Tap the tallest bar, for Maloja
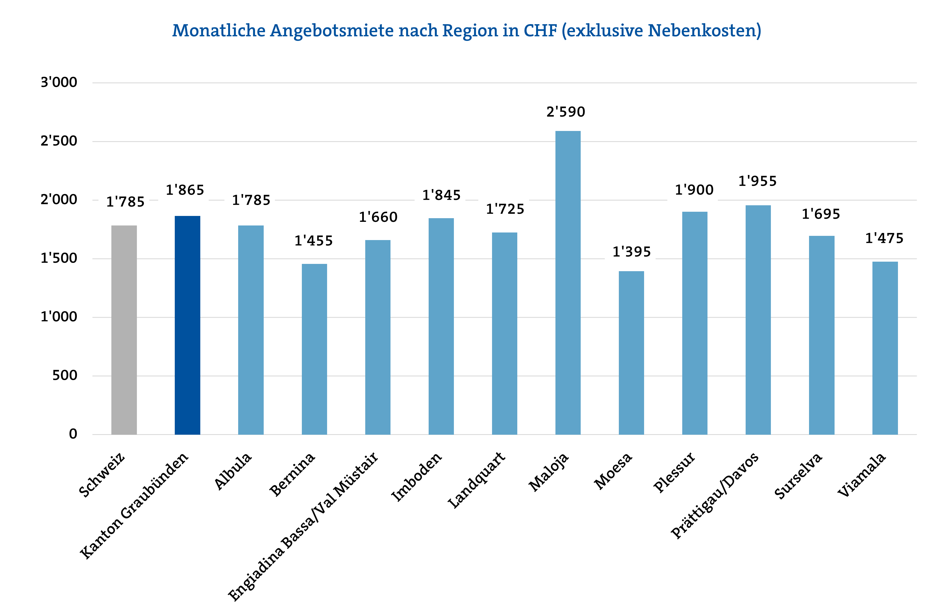[x=568, y=283]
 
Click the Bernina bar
[x=314, y=349]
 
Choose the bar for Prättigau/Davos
[x=758, y=320]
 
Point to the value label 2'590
[x=566, y=112]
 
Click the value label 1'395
[x=631, y=252]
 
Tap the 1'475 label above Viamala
[x=884, y=238]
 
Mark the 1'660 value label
[x=378, y=217]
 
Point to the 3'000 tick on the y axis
[x=59, y=82]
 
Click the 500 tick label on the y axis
[x=65, y=376]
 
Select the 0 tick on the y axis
[x=73, y=434]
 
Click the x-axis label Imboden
[x=416, y=476]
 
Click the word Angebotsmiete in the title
[x=332, y=31]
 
